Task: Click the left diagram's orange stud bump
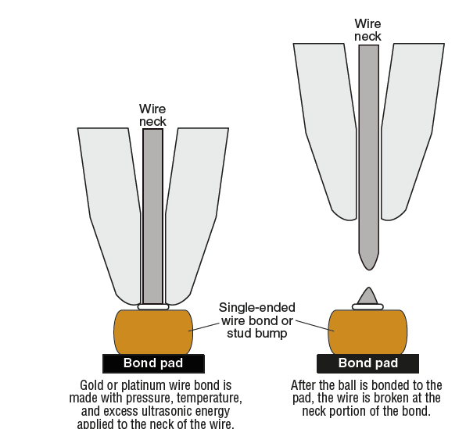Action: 153,332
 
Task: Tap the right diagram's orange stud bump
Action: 367,332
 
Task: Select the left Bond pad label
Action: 153,363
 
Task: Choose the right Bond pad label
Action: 368,363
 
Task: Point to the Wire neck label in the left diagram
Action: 152,116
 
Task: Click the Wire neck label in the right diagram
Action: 367,30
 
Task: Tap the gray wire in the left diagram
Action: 152,216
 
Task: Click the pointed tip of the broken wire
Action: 369,270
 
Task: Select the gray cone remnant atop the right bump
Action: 368,295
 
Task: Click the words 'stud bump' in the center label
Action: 257,334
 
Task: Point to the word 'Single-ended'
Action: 257,308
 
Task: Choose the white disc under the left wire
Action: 153,307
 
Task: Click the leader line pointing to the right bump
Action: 315,326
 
